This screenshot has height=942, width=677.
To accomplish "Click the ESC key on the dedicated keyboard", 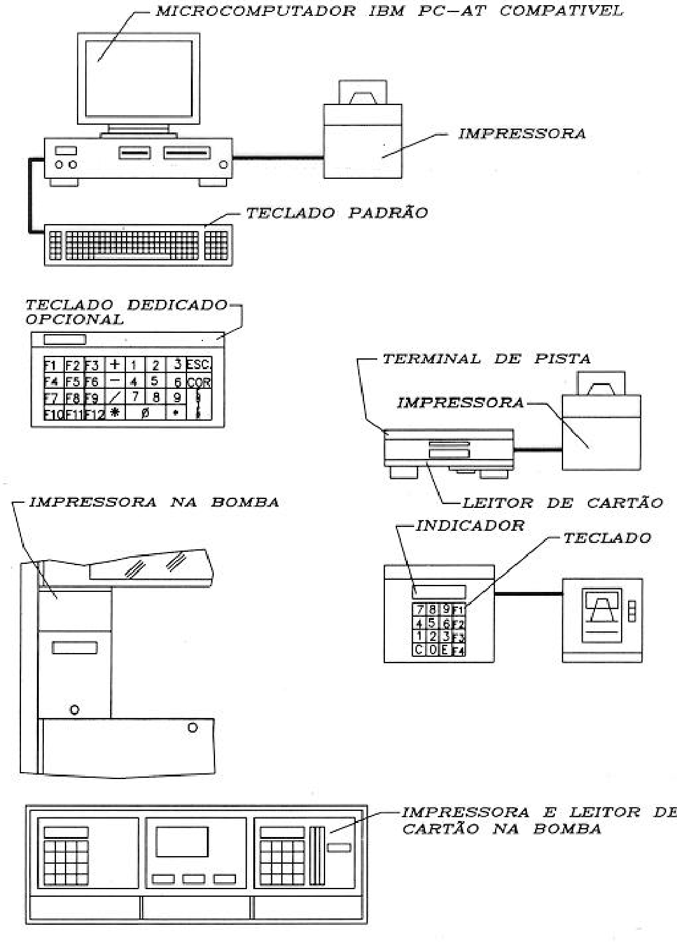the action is point(199,364).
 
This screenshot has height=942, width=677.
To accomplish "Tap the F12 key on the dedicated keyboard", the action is point(95,414).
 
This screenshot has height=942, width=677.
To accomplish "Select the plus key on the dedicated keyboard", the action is point(115,364).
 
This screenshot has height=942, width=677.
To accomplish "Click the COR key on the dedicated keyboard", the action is point(199,382).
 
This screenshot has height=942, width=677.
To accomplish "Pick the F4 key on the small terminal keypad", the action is point(458,650).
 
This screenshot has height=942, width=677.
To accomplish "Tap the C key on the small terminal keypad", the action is point(419,650).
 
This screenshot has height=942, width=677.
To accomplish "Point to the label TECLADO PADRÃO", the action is point(337,213).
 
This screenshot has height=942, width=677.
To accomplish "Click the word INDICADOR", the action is point(470,526).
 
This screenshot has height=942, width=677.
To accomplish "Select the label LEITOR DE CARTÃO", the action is point(562,503).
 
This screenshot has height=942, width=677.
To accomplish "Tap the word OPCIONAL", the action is point(74,319).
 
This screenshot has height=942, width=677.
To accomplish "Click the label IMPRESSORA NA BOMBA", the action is point(154,502).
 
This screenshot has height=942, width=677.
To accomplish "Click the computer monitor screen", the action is point(139,78).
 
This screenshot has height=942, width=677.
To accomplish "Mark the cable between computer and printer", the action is point(278,158).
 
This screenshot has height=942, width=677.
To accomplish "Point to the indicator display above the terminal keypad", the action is point(438,593).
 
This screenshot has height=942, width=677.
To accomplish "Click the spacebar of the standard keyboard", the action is point(132,256).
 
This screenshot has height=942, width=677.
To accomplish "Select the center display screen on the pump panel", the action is point(182,841).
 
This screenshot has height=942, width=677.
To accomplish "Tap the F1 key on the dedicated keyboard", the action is point(54,364).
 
